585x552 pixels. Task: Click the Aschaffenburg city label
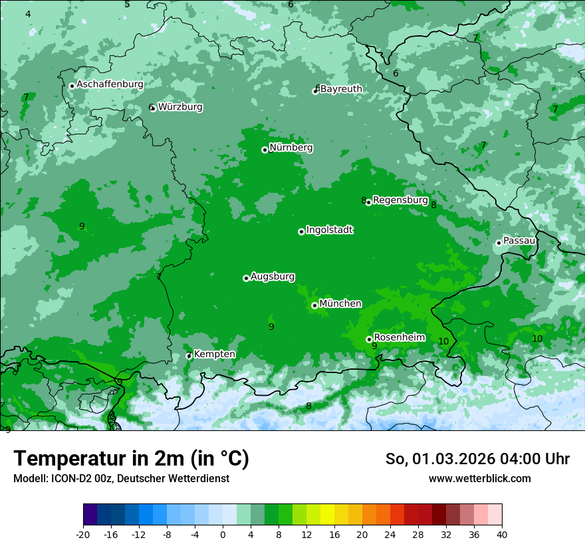point(110,84)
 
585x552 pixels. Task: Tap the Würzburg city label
point(180,107)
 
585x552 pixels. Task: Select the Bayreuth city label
point(341,89)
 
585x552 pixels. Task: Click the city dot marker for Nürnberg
point(265,150)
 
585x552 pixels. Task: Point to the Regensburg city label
point(400,200)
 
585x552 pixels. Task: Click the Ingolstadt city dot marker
point(301,231)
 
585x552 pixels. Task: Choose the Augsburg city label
point(273,277)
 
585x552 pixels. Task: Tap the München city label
point(340,304)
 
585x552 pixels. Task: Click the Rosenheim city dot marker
point(369,340)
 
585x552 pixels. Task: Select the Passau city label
point(519,241)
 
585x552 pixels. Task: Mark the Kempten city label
point(214,354)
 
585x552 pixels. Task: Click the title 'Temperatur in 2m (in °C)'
point(131,459)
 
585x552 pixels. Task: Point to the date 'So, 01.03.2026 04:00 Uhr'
point(477,459)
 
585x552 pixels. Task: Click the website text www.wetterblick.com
point(479,479)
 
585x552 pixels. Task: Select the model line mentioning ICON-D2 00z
point(121,479)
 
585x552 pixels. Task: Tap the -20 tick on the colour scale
point(83,534)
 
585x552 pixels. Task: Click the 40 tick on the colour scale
point(501,534)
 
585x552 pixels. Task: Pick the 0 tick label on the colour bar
point(223,534)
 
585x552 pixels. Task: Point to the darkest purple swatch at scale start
point(90,515)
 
